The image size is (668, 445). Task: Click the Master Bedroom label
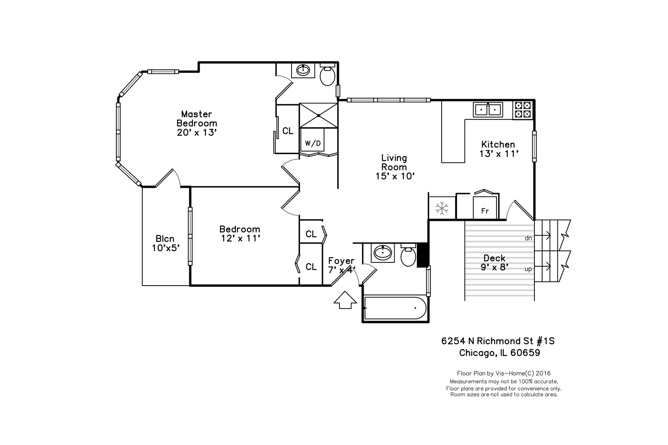coord(197,123)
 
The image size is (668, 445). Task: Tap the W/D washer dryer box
coord(313,143)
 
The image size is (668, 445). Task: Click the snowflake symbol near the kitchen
coord(442,208)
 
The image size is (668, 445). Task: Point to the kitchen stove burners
coord(523,110)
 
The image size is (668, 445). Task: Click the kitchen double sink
coord(488,110)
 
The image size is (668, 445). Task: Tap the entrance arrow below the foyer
coord(345,300)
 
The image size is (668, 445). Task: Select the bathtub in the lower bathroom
coord(395,308)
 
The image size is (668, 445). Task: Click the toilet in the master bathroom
coord(328,75)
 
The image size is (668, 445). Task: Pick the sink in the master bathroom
coord(304,70)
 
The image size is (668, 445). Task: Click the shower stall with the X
coord(318,115)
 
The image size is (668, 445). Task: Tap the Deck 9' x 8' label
coord(494,262)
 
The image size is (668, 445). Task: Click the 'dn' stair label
coord(528,238)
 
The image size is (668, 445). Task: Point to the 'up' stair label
coord(528,269)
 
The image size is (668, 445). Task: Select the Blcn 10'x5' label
coord(165,243)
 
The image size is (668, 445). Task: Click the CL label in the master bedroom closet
coord(288,131)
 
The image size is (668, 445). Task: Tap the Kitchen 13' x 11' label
coord(498,149)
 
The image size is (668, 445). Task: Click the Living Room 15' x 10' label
coord(394,167)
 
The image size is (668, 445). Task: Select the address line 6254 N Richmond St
coord(498,341)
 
